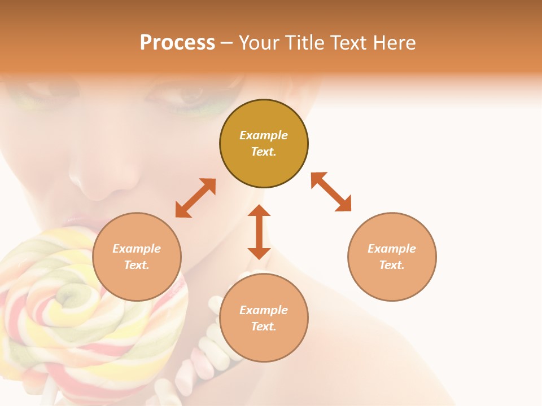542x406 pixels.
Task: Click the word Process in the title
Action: [x=177, y=43]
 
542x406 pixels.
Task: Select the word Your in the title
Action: [x=259, y=43]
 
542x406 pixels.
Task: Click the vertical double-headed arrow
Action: [x=259, y=232]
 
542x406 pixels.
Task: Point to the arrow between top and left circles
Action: [x=195, y=198]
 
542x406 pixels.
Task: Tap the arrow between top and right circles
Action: [x=331, y=192]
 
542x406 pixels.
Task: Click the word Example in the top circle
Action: [x=264, y=135]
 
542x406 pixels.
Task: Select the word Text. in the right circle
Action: [x=392, y=265]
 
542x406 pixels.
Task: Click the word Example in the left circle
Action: [x=137, y=249]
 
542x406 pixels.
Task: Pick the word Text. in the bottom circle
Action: [x=264, y=326]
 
